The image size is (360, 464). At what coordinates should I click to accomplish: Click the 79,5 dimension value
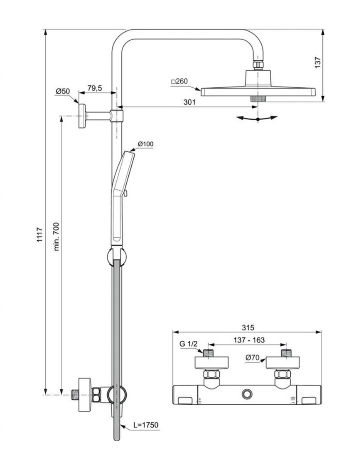pyautogui.click(x=94, y=88)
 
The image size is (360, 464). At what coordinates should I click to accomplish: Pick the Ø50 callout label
pyautogui.click(x=63, y=92)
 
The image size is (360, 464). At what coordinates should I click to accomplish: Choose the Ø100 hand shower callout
pyautogui.click(x=146, y=144)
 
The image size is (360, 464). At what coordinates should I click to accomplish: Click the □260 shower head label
pyautogui.click(x=179, y=82)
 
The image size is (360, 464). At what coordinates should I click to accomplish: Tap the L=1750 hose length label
pyautogui.click(x=146, y=425)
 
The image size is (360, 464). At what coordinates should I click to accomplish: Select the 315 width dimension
pyautogui.click(x=247, y=327)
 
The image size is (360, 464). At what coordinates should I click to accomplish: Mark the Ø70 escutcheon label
pyautogui.click(x=252, y=358)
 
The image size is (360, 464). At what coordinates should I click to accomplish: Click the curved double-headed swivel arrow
pyautogui.click(x=257, y=118)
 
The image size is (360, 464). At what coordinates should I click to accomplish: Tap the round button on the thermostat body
pyautogui.click(x=247, y=394)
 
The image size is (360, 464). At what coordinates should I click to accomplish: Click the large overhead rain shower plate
pyautogui.click(x=257, y=91)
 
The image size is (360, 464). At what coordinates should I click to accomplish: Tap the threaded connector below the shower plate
pyautogui.click(x=257, y=98)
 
